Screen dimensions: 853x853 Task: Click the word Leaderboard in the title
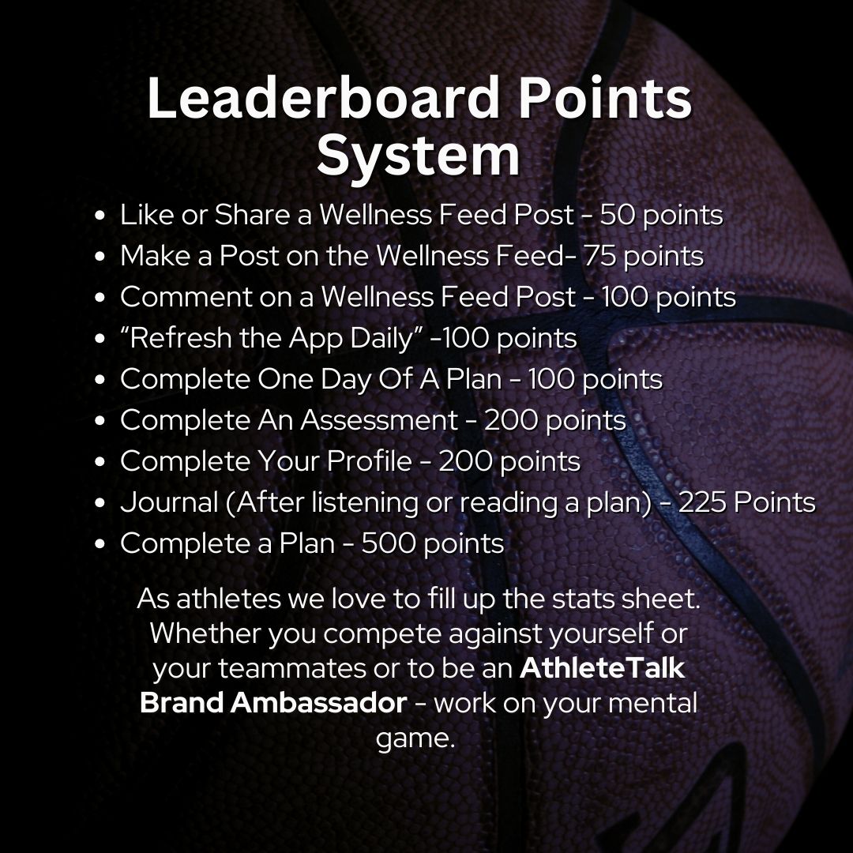[x=323, y=98]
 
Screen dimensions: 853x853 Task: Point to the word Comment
[x=186, y=297]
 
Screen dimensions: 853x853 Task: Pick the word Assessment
[x=379, y=420]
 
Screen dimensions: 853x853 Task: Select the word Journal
[x=169, y=502]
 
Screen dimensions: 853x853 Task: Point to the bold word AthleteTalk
[x=602, y=669]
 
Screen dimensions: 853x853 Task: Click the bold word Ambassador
[x=318, y=703]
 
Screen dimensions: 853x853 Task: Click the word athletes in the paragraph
[x=228, y=599]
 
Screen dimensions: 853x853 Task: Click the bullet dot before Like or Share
[x=99, y=216]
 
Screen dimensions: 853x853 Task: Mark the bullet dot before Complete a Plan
[x=99, y=544]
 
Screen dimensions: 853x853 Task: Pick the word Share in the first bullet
[x=253, y=214]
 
